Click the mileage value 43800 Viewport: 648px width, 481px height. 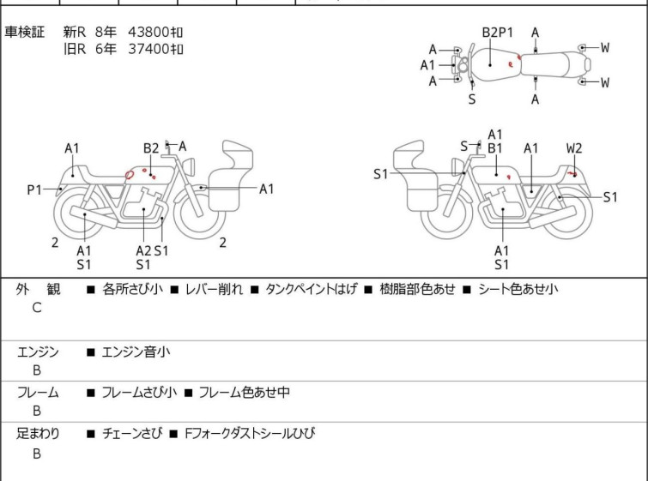click(x=148, y=32)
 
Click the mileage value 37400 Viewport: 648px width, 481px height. click(x=148, y=49)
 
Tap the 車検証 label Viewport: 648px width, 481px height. click(x=24, y=32)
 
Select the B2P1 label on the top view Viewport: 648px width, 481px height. click(x=498, y=33)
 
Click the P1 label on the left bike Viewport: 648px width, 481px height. click(x=34, y=190)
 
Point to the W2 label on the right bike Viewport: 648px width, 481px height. click(x=574, y=148)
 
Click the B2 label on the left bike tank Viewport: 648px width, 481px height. click(x=151, y=148)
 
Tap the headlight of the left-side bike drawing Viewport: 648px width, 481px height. click(x=189, y=166)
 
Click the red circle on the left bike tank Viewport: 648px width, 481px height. click(x=130, y=174)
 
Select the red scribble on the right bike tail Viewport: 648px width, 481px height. click(x=572, y=173)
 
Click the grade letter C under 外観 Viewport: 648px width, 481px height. click(x=37, y=308)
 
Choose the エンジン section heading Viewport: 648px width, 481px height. click(x=38, y=352)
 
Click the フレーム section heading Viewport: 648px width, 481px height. click(x=38, y=393)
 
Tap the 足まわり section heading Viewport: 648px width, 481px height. click(x=38, y=434)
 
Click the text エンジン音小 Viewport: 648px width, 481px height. click(x=136, y=352)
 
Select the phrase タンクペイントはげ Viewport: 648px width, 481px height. click(x=311, y=289)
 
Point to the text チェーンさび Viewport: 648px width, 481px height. click(x=132, y=434)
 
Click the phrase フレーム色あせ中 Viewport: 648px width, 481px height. click(x=245, y=393)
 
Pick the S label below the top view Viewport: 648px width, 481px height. click(x=472, y=99)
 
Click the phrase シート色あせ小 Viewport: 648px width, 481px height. click(x=518, y=289)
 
